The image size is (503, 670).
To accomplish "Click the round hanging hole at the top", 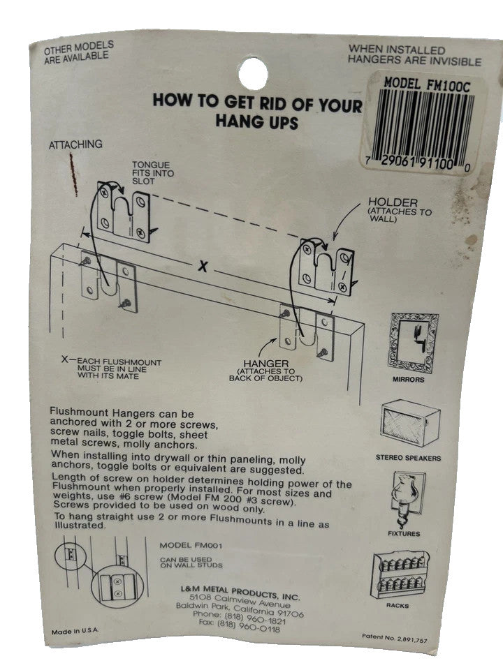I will coord(252,73).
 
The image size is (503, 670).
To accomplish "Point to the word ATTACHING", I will coord(75,144).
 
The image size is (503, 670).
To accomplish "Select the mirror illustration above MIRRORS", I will coord(414,343).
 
